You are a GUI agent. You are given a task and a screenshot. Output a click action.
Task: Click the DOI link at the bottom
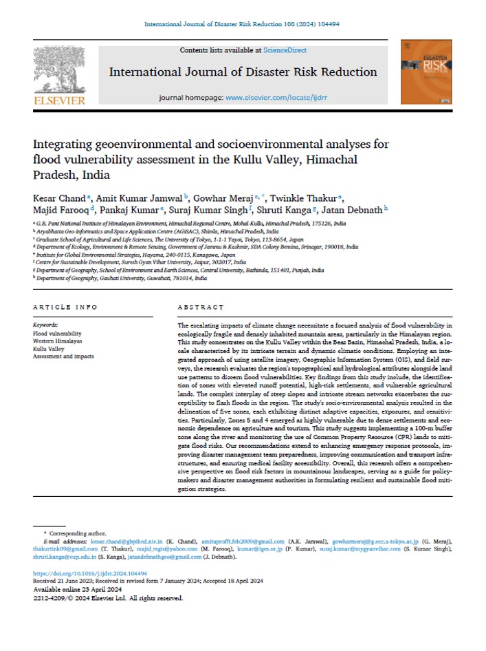click(x=90, y=573)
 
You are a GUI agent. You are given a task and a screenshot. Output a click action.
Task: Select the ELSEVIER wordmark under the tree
click(x=59, y=100)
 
